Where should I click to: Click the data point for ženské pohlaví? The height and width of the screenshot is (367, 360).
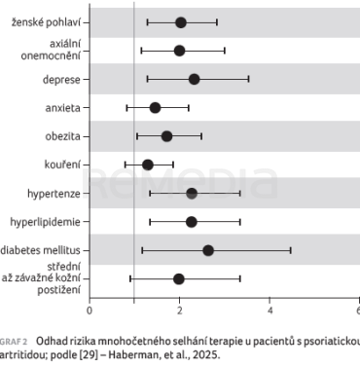pos(181,22)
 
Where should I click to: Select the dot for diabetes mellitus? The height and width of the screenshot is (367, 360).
pos(208,250)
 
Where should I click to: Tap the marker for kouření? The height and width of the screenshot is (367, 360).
pos(148,165)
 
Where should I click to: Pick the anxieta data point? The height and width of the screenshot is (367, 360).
pos(156,108)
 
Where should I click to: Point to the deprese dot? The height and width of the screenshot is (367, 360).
pos(194,79)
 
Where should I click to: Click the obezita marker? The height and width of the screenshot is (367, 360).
pos(166,136)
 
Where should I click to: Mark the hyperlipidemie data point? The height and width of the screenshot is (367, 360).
pos(192,222)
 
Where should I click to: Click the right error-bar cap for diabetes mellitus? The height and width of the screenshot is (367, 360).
pos(291,250)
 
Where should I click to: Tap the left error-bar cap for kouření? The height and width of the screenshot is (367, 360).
pos(126,165)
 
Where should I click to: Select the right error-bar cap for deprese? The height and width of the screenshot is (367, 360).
pos(248,79)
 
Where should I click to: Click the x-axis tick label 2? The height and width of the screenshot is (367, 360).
pos(179,311)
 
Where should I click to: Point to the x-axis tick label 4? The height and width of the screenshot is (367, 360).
pos(270,311)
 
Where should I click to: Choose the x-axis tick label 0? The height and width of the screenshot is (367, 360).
pos(90,311)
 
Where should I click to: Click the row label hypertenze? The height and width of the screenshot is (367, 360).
pos(54,194)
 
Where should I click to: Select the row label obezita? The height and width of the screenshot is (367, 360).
pos(62,136)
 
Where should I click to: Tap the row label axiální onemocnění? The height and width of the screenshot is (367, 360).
pos(51,50)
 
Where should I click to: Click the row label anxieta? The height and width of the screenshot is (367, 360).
pos(62,108)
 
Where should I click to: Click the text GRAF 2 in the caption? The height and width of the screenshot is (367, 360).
pos(14,342)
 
